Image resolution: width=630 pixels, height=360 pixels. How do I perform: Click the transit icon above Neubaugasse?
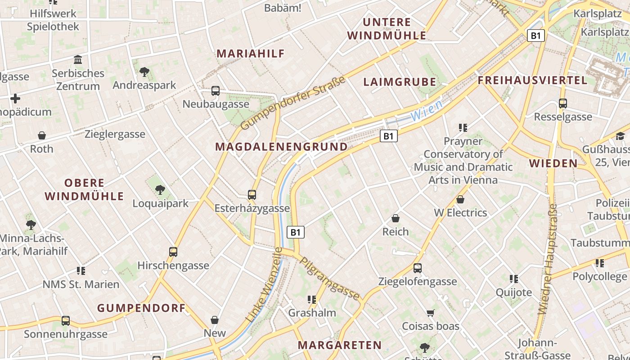click(x=216, y=90)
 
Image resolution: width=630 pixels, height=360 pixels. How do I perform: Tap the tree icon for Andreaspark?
click(x=144, y=72)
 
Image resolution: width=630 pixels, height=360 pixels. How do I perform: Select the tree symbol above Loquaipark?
click(x=160, y=190)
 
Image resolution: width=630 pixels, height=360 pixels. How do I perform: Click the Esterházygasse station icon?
click(x=252, y=195)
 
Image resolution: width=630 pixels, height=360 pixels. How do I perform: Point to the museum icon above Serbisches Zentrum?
click(x=78, y=59)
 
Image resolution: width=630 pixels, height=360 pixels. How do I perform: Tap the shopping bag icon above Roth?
click(x=42, y=135)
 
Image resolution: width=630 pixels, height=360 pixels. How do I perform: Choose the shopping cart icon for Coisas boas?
click(x=431, y=313)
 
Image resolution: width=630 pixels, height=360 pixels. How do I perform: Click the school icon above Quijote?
click(x=514, y=279)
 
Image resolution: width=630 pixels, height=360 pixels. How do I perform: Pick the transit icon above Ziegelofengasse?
click(x=418, y=268)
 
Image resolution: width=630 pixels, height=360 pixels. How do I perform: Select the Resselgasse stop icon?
click(x=563, y=103)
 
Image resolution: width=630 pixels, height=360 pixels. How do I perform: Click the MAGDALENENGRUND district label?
click(x=281, y=147)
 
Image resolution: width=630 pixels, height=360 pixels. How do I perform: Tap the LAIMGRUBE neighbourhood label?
click(x=400, y=82)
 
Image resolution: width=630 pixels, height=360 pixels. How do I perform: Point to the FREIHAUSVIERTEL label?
click(x=533, y=80)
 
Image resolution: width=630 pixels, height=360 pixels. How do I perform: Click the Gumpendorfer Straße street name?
click(x=293, y=103)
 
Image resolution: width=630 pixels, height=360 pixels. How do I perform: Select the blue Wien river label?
click(x=427, y=110)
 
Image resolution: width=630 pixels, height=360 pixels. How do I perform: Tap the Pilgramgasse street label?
click(x=330, y=279)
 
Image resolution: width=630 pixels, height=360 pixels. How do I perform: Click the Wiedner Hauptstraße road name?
click(x=548, y=259)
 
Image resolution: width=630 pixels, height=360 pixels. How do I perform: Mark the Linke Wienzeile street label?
click(x=264, y=284)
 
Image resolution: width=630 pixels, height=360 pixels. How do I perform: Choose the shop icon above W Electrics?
click(x=460, y=199)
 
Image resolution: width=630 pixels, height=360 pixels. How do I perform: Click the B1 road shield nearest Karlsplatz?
click(x=535, y=36)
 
